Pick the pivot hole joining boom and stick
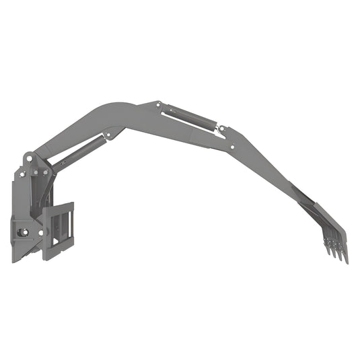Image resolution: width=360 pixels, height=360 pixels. point(233,147)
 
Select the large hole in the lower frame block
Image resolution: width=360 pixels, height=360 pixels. point(23,233)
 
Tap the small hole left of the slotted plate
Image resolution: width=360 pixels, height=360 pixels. point(40,233)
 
